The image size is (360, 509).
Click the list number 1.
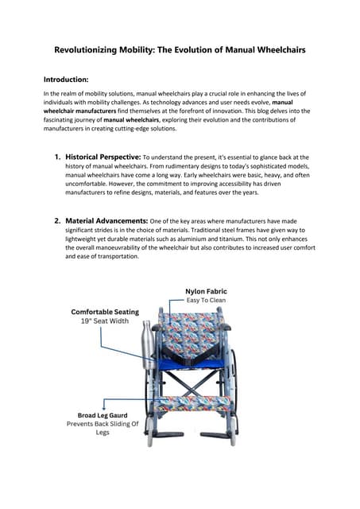tap(57, 157)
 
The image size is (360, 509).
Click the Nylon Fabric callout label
tap(206, 291)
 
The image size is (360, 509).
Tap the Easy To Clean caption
tap(206, 301)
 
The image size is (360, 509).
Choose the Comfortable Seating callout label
tap(105, 312)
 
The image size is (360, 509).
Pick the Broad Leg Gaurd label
tap(103, 414)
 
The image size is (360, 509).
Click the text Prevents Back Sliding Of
tap(103, 424)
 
